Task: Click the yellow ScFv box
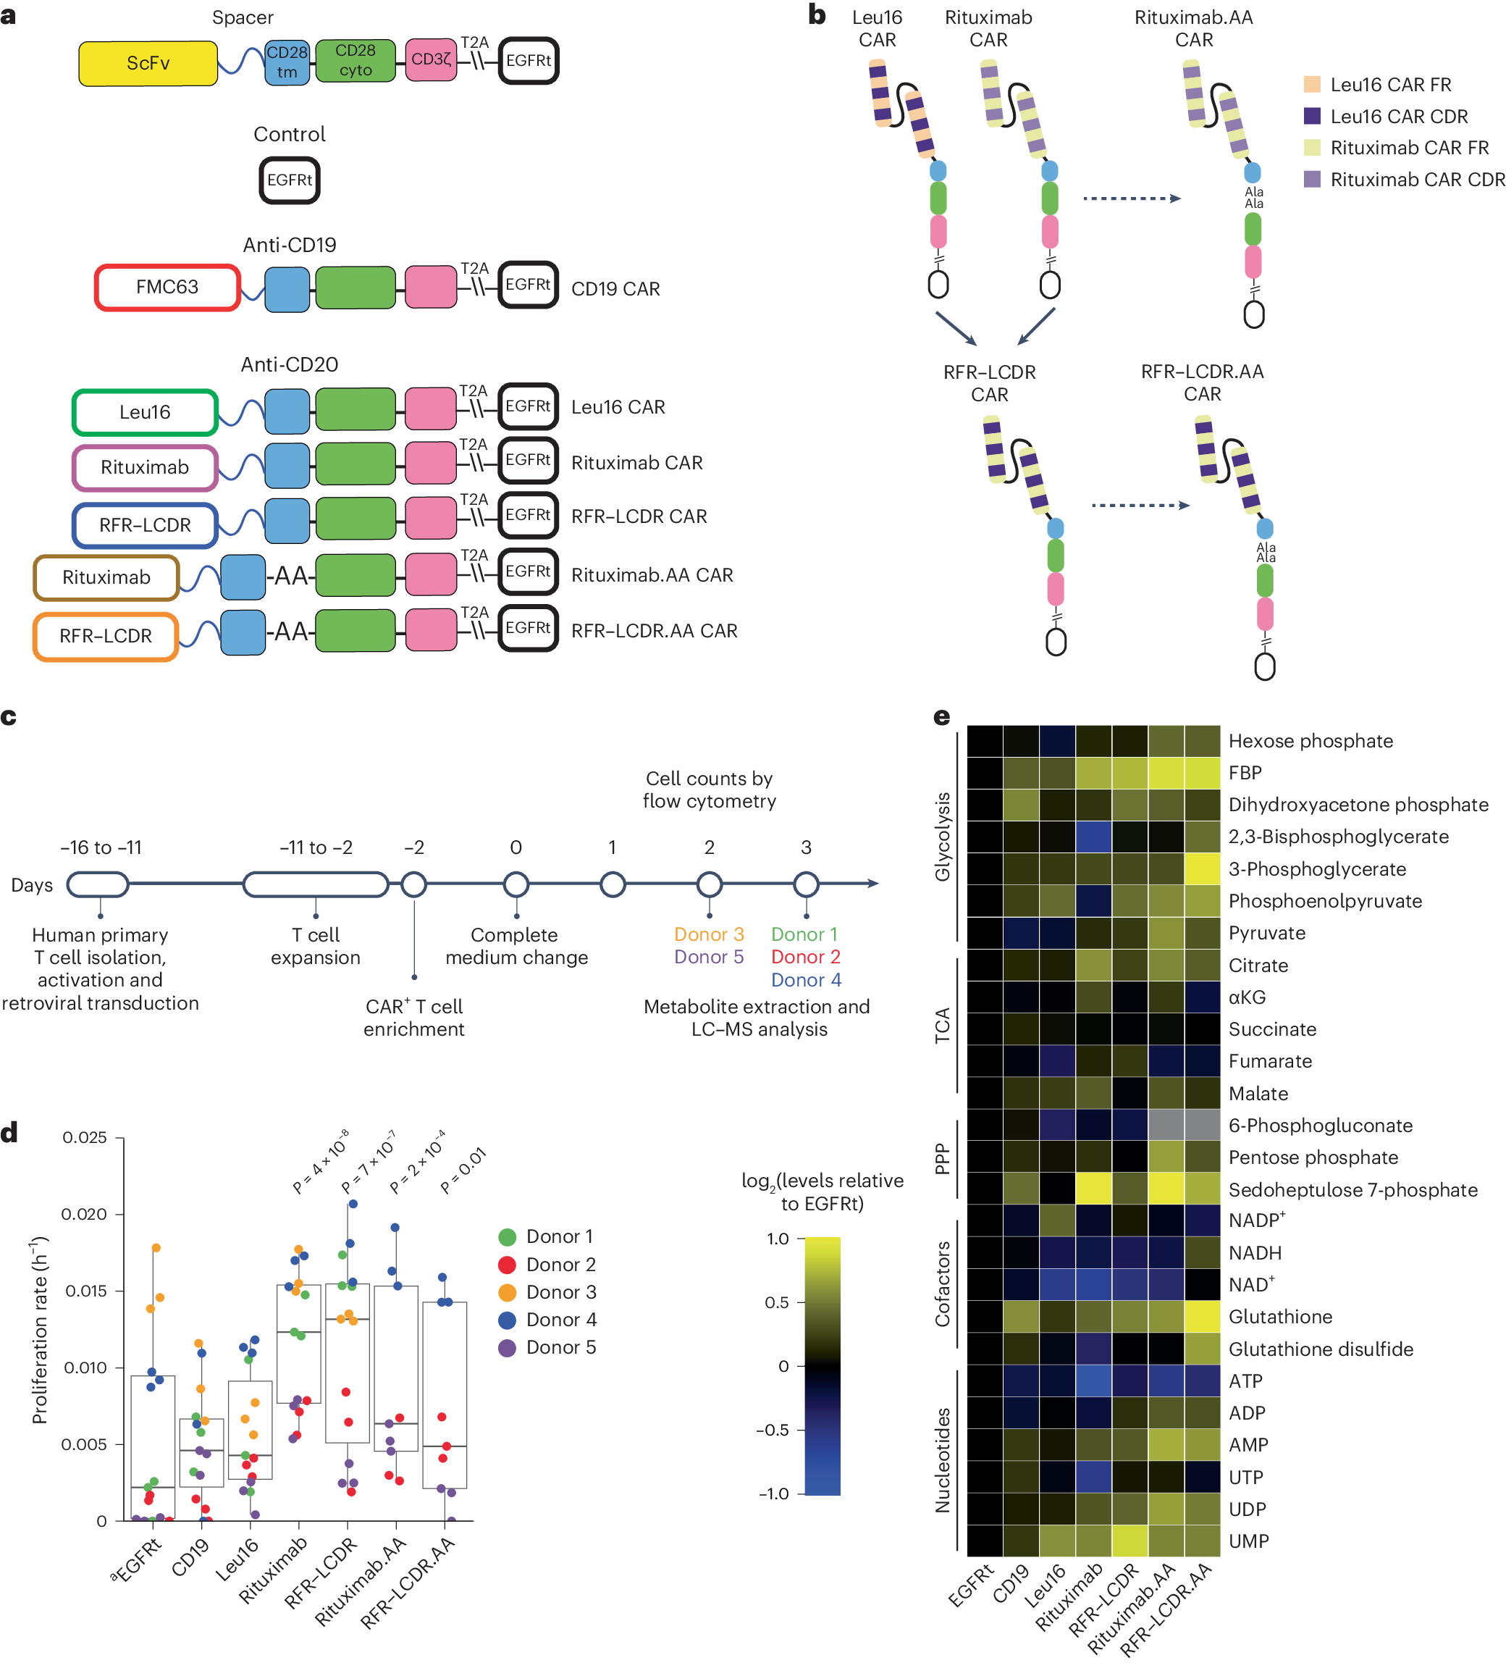pos(148,64)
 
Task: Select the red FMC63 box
pos(167,287)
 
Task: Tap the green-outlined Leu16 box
pos(145,411)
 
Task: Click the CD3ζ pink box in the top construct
pos(432,59)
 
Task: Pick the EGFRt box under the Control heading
pos(290,180)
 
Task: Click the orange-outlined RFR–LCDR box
pos(106,636)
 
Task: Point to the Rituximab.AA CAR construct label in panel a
pos(652,575)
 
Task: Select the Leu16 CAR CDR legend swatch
pos(1311,117)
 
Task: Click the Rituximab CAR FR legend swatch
pos(1311,148)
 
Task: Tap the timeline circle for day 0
pos(516,884)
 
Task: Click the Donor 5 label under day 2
pos(708,957)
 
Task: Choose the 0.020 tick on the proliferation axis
pos(84,1213)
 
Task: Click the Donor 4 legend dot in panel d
pos(508,1320)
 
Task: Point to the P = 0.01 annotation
pos(463,1170)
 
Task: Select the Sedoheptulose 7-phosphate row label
pos(1353,1189)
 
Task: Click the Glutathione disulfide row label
pos(1321,1349)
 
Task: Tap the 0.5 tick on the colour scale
pos(777,1302)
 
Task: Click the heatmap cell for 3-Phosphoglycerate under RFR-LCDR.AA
pos(1202,868)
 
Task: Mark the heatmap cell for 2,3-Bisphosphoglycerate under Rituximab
pos(1093,837)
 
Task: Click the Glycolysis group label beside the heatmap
pos(942,837)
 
